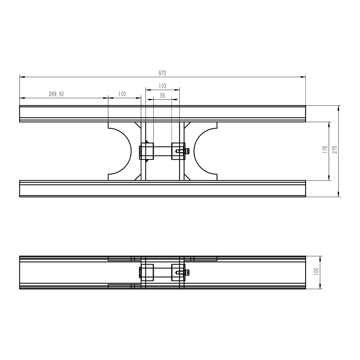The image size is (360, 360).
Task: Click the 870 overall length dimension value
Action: tap(162, 73)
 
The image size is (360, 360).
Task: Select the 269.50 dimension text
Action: tap(56, 94)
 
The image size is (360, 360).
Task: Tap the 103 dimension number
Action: tap(162, 86)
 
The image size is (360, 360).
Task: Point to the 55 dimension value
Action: tap(162, 95)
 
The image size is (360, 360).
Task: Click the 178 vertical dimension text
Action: tap(325, 150)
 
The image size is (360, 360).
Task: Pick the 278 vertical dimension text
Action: tap(335, 150)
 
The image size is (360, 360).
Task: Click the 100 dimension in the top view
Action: tap(122, 94)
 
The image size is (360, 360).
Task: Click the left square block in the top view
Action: tap(147, 151)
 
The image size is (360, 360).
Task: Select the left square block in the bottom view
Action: tap(147, 272)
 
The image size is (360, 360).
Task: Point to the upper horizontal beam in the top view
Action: tap(162, 114)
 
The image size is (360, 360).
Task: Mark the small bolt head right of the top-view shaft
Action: tap(188, 151)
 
